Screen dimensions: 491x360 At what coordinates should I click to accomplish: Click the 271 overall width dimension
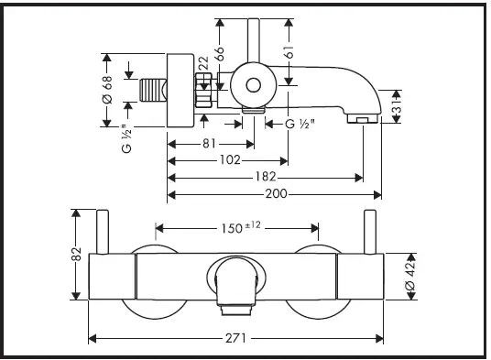(235, 338)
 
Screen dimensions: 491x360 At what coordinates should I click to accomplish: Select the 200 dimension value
(277, 194)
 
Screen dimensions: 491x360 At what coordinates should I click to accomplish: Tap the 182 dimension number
(266, 177)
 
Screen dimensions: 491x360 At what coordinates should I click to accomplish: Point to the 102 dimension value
(230, 160)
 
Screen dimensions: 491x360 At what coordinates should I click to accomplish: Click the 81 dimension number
(209, 144)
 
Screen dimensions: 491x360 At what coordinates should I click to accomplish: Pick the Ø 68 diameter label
(107, 90)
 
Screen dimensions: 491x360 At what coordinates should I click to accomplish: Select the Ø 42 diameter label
(410, 276)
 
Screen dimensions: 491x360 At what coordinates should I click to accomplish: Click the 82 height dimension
(76, 254)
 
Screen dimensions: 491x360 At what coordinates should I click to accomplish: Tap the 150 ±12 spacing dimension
(241, 227)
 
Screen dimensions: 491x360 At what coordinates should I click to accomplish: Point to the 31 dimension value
(397, 107)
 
